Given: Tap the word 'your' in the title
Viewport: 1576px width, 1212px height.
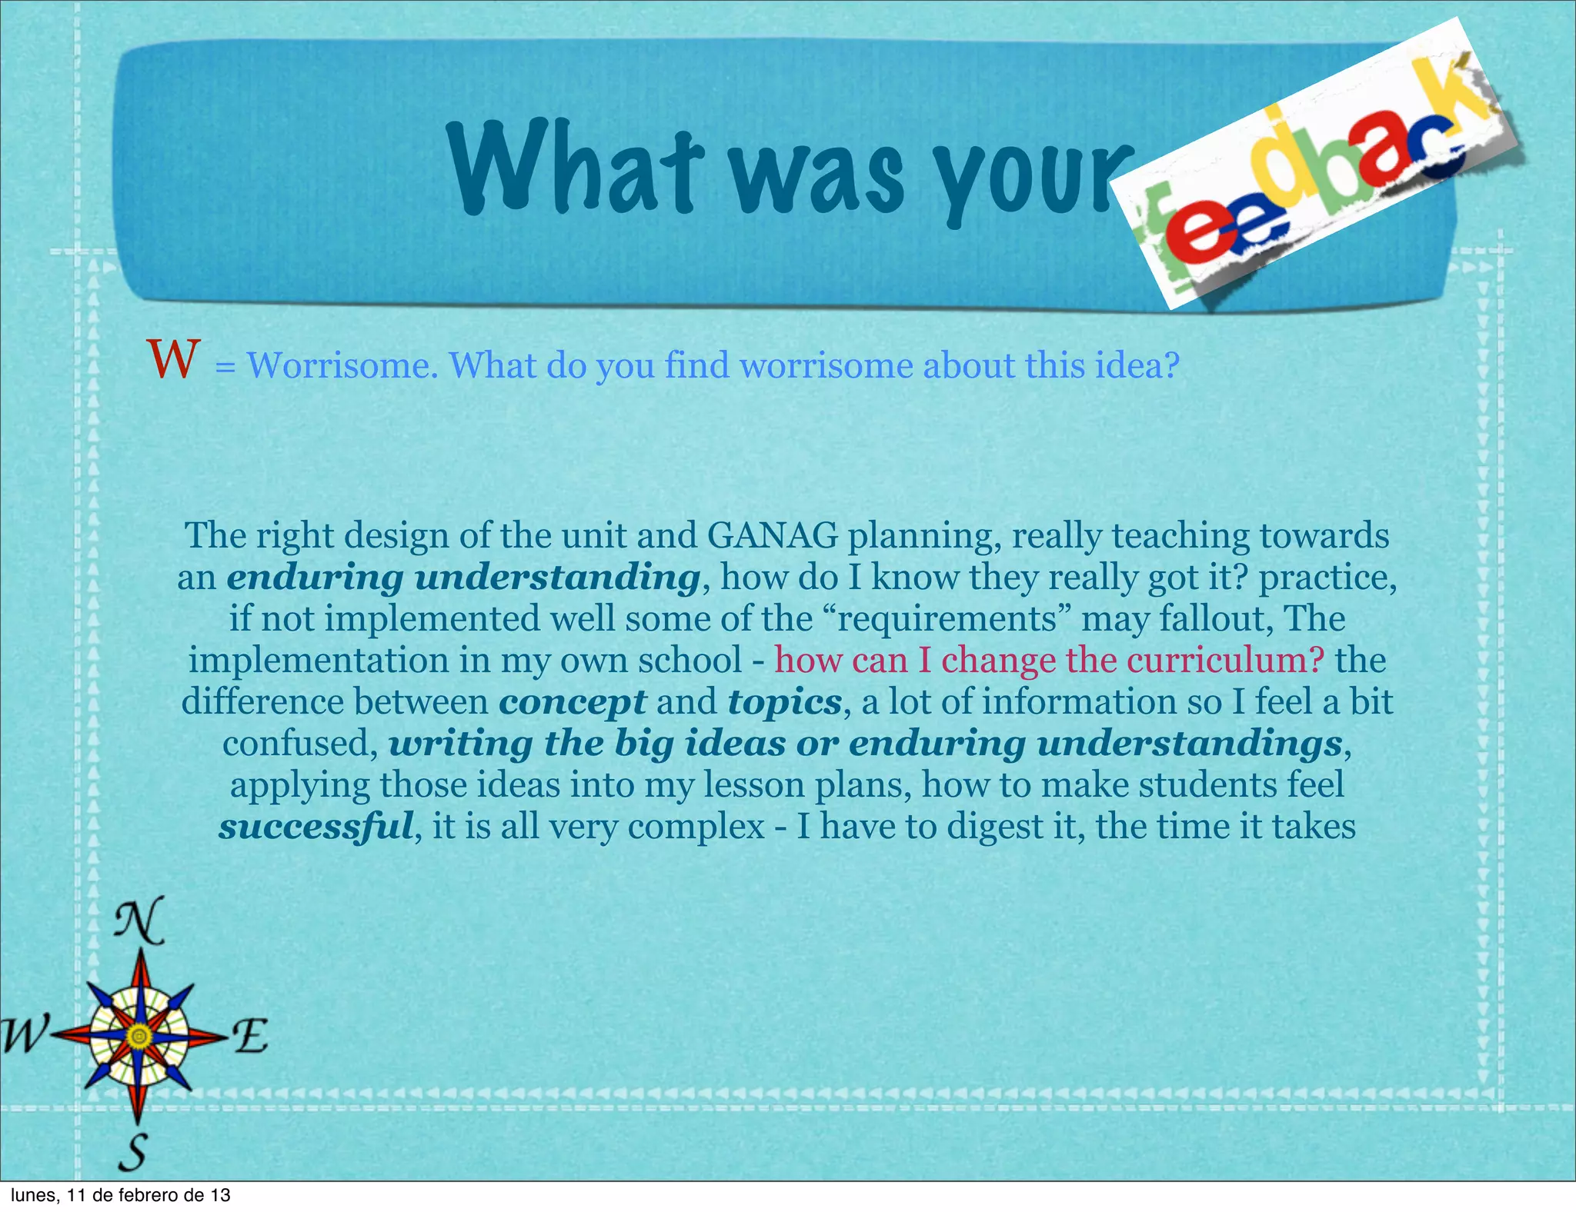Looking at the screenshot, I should pos(1039,181).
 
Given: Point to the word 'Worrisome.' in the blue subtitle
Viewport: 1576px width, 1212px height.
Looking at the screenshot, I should pos(342,365).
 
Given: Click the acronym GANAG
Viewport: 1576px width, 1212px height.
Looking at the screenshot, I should pos(772,536).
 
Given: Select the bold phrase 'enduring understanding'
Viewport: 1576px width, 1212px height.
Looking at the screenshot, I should pos(462,578).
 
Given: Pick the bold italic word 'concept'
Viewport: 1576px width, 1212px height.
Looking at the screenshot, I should pos(573,702).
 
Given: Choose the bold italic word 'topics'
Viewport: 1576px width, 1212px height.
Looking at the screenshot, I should pos(784,702).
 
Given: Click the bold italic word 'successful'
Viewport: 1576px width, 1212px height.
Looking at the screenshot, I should pos(316,827).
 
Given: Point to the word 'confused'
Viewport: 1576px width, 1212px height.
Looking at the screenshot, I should pos(299,744).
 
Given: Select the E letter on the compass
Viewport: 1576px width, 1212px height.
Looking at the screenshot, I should pos(251,1036).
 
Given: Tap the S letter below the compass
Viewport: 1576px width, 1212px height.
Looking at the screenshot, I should pos(134,1152).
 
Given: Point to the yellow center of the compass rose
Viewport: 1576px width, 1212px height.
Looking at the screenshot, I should pos(139,1037).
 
